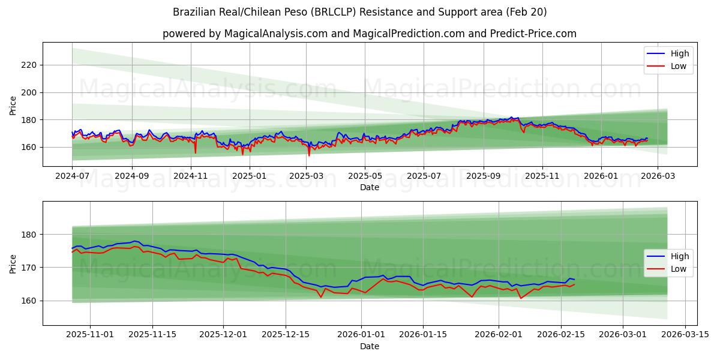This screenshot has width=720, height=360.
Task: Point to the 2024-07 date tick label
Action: tap(73, 176)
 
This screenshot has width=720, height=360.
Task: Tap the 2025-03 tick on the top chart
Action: tap(307, 176)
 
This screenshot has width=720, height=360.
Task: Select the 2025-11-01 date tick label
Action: tap(90, 335)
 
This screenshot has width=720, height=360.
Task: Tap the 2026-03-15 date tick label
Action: tap(685, 335)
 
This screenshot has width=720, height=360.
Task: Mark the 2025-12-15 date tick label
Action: tap(286, 335)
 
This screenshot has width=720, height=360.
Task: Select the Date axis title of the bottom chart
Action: tap(370, 346)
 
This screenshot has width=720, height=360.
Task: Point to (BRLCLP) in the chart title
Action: tap(334, 12)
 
